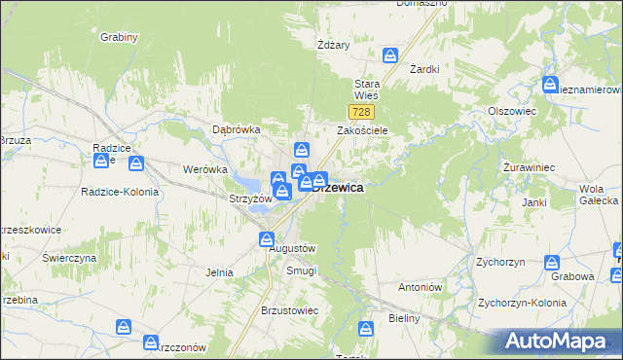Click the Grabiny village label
point(119,37)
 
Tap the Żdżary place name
point(334,45)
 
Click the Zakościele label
point(363,129)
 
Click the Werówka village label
point(204,168)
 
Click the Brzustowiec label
point(290,310)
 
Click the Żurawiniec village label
point(529,167)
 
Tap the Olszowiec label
point(513,111)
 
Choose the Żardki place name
point(424,69)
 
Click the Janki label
point(533,202)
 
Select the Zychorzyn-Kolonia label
point(522,303)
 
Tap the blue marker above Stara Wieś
point(391,55)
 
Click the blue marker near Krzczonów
point(151,342)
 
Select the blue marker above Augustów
point(267,238)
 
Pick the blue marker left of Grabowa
point(552,262)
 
